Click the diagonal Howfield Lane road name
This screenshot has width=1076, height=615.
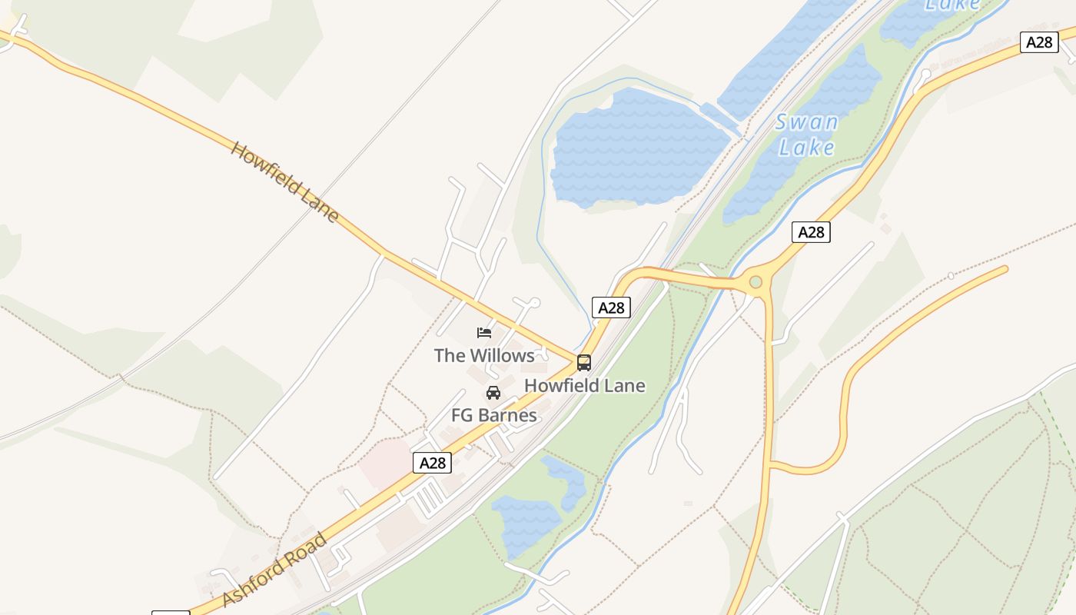click(x=284, y=181)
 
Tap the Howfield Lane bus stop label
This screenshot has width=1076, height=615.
click(x=584, y=385)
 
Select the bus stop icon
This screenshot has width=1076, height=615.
click(x=584, y=362)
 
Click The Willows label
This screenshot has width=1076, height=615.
click(x=484, y=355)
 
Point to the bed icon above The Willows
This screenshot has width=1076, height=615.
click(x=484, y=333)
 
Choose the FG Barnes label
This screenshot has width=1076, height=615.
click(x=493, y=415)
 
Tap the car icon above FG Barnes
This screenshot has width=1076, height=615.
click(x=493, y=393)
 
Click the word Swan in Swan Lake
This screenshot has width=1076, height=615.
click(x=806, y=122)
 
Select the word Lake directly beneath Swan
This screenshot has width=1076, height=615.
click(x=806, y=146)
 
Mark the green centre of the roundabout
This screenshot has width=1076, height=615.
click(x=756, y=282)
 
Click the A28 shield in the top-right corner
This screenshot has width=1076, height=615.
click(x=1039, y=42)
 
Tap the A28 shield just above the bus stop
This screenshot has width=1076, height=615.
click(x=611, y=307)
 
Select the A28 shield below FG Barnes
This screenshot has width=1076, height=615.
click(x=432, y=462)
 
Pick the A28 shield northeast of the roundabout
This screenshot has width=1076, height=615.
click(x=811, y=231)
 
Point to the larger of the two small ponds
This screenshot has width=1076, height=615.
click(x=526, y=523)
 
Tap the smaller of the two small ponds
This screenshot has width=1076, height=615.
click(x=565, y=480)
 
